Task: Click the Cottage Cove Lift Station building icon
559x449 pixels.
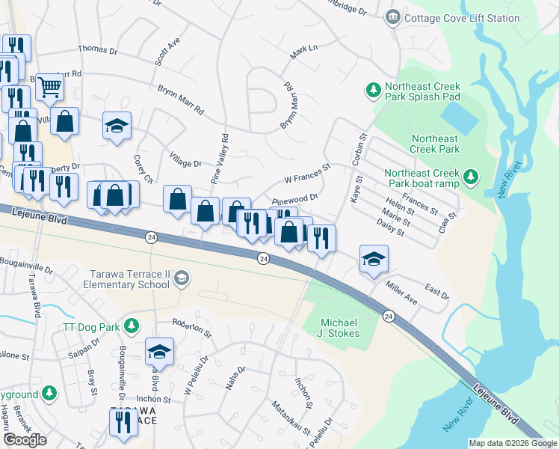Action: coord(392,17)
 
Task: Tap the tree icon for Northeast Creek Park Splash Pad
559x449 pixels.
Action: coord(373,91)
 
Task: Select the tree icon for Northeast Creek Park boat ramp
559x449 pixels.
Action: coord(470,177)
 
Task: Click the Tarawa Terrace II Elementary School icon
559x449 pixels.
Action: coord(180,279)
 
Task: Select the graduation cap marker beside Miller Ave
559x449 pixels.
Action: coord(374,259)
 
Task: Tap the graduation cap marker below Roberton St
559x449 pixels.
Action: coord(159,351)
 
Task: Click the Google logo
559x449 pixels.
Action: coord(25,440)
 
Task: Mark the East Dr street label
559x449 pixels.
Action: coord(437,291)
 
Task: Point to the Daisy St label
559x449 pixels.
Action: coord(391,227)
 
